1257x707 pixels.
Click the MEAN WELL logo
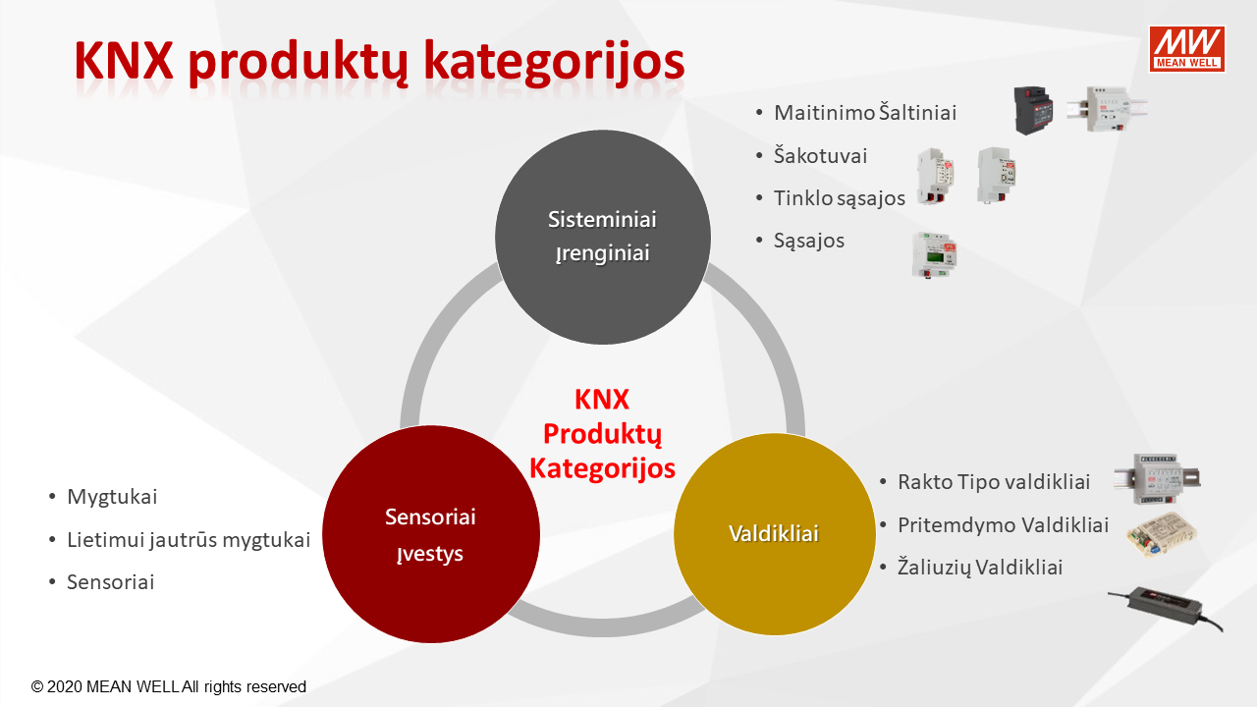1187,49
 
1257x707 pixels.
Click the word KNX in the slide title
124,61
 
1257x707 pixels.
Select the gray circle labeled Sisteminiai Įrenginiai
603,237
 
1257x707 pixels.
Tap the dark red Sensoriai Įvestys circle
431,534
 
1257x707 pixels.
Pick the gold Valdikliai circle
775,534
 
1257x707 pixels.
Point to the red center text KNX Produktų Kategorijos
603,434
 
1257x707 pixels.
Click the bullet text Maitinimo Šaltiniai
865,113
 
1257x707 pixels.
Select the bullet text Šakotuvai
820,155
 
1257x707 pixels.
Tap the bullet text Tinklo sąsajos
840,198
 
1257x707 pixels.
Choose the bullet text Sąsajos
809,241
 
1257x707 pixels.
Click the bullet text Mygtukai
112,497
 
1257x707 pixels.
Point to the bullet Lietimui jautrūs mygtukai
189,540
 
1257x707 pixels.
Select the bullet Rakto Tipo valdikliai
994,482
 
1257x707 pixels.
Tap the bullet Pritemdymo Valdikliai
1004,525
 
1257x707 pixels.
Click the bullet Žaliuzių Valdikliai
980,568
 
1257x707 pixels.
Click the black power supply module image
1033,110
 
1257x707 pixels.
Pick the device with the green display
934,255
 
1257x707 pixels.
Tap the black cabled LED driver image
1166,610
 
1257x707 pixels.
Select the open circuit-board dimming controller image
1161,535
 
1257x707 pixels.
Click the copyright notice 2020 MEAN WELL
168,686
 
